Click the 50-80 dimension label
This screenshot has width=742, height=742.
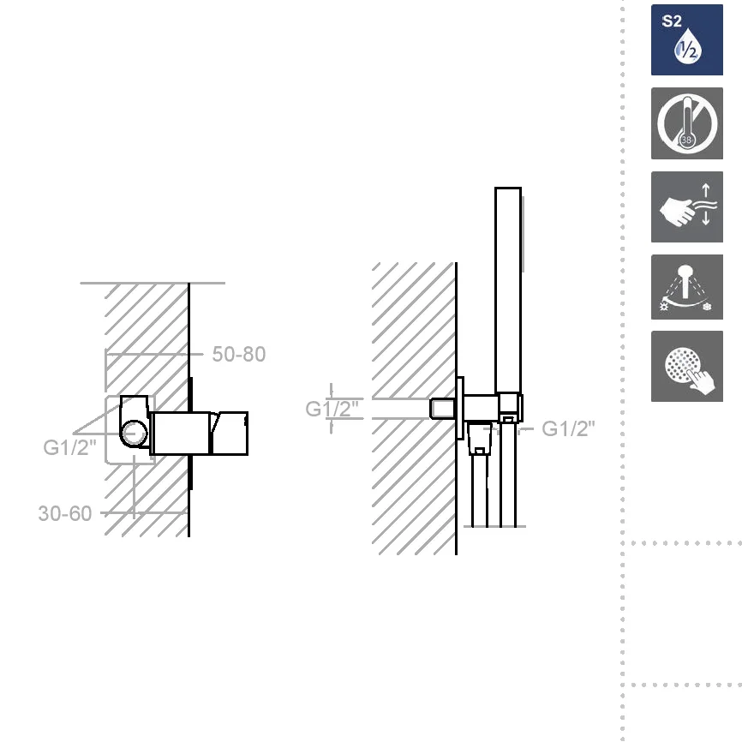[238, 354]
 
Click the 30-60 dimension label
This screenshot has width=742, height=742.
[65, 513]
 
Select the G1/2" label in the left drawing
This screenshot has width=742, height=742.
[69, 447]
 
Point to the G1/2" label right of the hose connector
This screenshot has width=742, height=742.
[568, 428]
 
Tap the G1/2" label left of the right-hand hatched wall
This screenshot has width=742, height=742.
[332, 409]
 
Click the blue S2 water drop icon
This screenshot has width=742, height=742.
[686, 39]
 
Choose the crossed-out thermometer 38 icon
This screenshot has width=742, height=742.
[686, 123]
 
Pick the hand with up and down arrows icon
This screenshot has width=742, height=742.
[686, 206]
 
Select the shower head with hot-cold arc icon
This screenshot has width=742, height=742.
[686, 287]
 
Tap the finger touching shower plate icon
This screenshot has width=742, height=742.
[686, 366]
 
